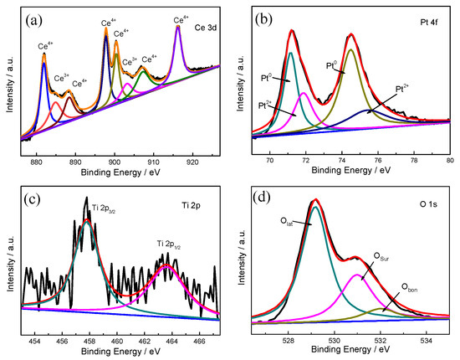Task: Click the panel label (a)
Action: [x=36, y=16]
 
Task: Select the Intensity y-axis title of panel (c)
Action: [x=10, y=262]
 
